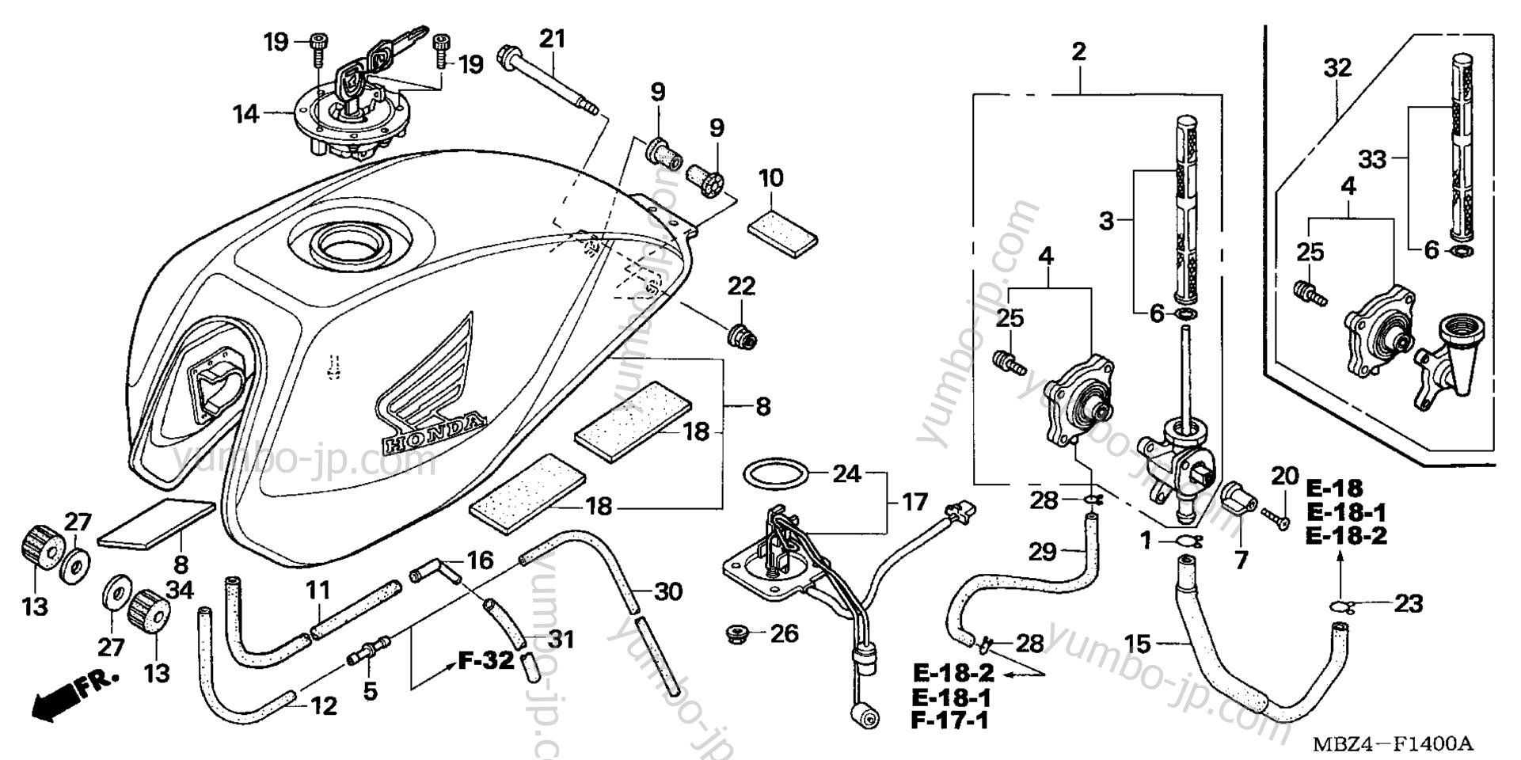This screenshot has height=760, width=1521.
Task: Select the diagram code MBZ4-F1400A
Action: click(1393, 744)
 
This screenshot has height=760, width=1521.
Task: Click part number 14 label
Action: click(245, 114)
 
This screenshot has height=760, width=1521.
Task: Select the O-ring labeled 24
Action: click(777, 476)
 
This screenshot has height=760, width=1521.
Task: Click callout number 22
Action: click(741, 286)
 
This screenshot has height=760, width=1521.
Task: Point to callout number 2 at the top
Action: click(1078, 52)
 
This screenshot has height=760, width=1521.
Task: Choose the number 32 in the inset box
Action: click(1337, 68)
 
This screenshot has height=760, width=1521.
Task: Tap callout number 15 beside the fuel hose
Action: click(1138, 644)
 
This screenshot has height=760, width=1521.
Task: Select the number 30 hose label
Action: click(669, 591)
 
